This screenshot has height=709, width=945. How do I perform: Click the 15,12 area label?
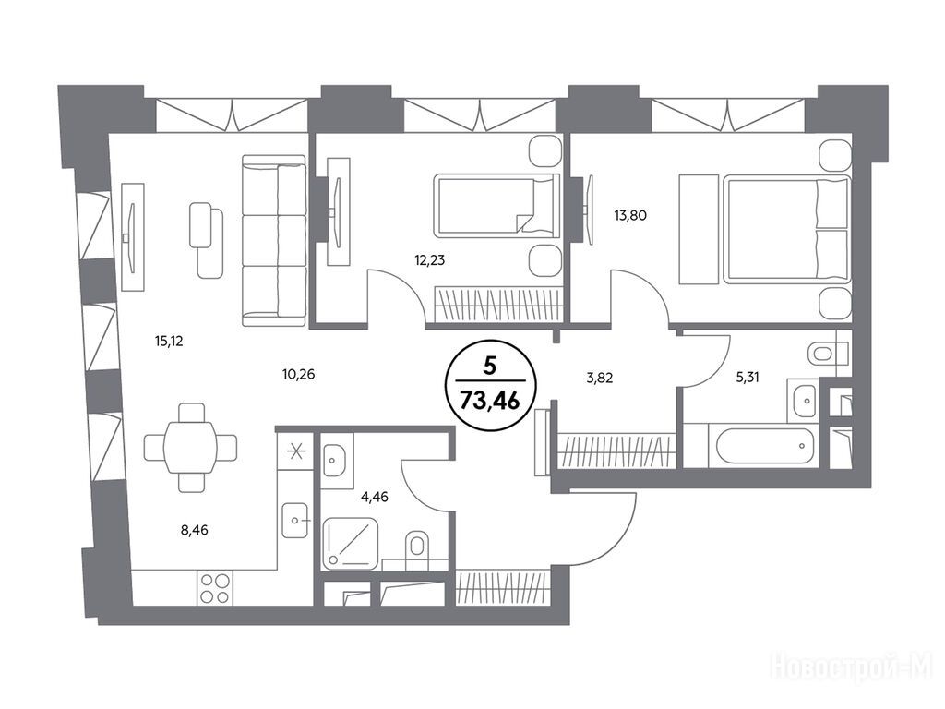point(169,342)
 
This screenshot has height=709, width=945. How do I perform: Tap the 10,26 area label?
point(298,375)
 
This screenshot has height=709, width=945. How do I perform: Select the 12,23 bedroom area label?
point(430,260)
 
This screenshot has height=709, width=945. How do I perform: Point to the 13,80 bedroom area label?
point(630,215)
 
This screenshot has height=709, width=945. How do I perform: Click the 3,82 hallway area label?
point(599,378)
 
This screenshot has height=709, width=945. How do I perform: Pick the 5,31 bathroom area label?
point(748,378)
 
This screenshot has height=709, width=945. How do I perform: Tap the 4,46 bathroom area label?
point(375,497)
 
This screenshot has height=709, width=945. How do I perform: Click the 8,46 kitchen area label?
point(194,531)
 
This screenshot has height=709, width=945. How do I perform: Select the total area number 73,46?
point(489,400)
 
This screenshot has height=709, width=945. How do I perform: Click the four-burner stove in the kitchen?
point(215,588)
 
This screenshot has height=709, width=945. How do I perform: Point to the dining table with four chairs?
point(190,447)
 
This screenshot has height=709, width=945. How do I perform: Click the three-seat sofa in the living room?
point(273,241)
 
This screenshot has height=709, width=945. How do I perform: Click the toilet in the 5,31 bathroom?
point(830,353)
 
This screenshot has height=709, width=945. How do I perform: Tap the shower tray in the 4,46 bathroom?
point(351,545)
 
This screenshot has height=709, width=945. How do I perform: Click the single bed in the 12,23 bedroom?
point(496,206)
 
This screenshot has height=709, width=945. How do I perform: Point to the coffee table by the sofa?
point(206,240)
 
